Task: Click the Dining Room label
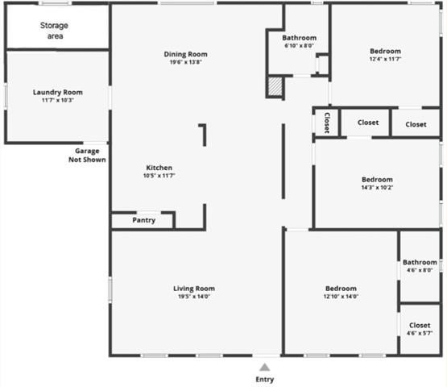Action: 186,55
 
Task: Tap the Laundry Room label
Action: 57,93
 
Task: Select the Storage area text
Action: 54,31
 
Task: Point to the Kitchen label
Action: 159,168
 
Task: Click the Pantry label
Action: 143,220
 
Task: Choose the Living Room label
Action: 194,289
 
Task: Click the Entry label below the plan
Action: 265,379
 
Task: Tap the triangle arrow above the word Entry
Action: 265,367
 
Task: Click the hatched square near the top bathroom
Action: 275,86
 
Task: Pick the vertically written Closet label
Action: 327,123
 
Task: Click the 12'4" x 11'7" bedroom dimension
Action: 385,59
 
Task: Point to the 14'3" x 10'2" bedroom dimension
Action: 377,187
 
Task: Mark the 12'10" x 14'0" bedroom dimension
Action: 341,296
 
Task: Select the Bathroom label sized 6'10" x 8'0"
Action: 299,46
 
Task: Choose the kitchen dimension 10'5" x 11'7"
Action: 159,176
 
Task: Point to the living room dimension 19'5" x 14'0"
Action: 194,296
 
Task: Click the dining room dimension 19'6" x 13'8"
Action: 186,63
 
